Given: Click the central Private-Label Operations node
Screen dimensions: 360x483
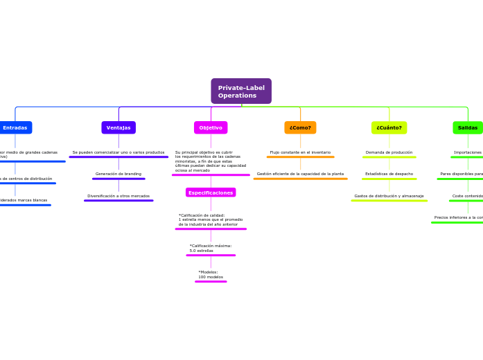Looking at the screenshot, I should coord(241,91).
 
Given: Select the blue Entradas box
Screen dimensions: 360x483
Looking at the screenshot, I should coord(15,127).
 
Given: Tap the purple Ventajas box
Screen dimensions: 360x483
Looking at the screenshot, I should coord(118,127).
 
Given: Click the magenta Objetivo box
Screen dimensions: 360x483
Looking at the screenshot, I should coord(211,127).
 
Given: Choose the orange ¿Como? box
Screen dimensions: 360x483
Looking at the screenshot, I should coord(300,127).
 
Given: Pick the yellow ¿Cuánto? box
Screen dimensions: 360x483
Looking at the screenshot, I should coord(389,127).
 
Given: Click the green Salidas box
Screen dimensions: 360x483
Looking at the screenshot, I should coord(468,127).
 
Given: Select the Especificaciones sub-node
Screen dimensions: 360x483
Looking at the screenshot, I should coord(211,192).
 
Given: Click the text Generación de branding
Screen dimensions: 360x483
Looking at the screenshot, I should coord(118,174).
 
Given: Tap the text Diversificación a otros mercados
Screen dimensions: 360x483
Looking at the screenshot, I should coord(118,196).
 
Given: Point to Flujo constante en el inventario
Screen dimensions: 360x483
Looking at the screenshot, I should coord(300,152).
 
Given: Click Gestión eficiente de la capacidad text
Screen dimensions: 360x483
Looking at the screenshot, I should coord(300,174).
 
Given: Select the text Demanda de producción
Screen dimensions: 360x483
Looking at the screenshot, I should coord(389,152).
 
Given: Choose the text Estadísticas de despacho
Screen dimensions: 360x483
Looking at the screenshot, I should coord(389,174).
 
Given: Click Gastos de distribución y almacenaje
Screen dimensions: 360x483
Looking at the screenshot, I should coord(389,196).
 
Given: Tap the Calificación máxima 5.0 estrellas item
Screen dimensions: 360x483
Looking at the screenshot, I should coord(211,248).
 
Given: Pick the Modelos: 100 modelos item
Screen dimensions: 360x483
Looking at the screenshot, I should coord(211,274).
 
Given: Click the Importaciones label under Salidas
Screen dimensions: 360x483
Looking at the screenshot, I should coord(468,152).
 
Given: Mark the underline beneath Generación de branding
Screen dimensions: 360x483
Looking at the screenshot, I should coord(118,179).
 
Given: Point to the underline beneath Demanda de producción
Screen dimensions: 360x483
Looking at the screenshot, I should coord(389,157).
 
